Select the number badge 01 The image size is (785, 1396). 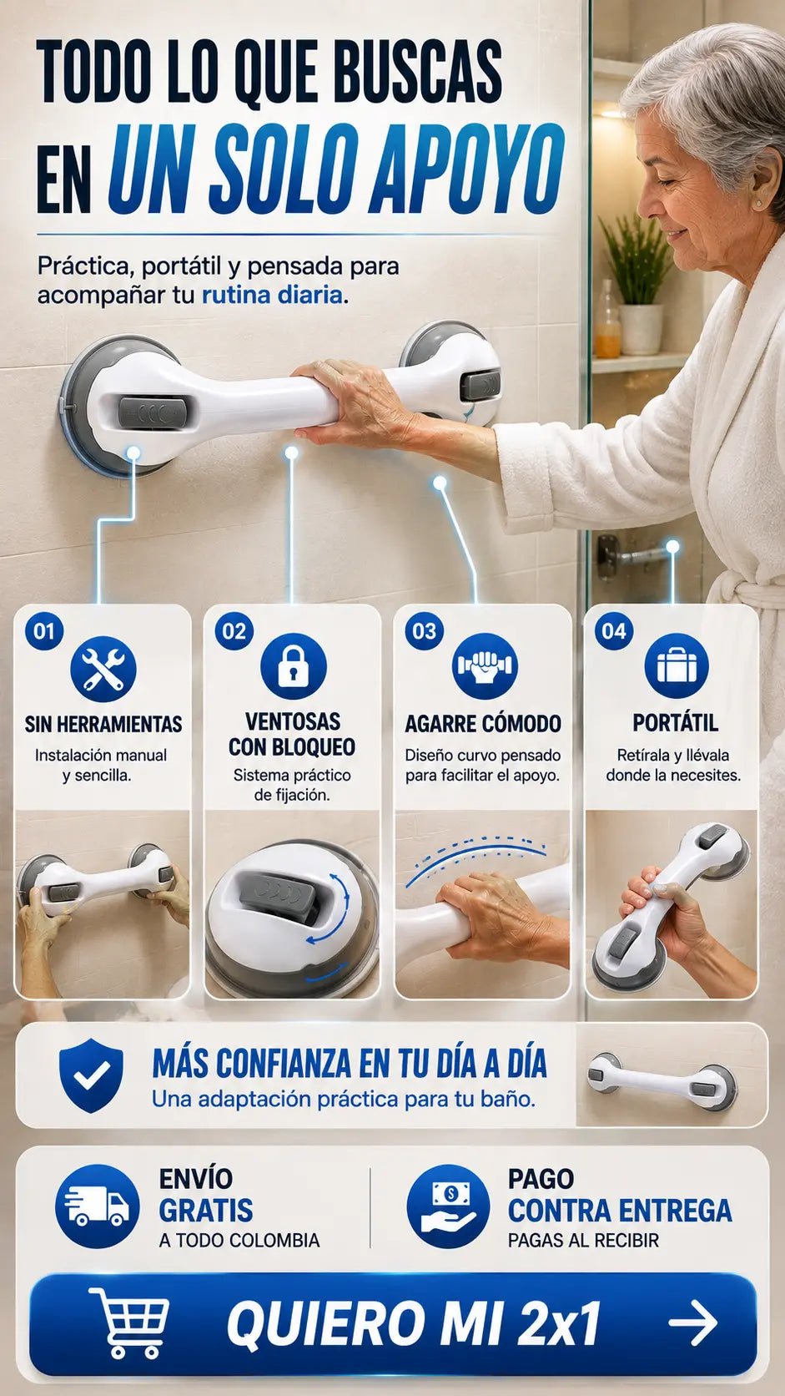click(44, 631)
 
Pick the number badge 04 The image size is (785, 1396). click(614, 631)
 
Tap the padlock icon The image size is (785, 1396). click(293, 666)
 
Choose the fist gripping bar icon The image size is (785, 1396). click(485, 666)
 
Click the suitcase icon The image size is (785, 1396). click(676, 665)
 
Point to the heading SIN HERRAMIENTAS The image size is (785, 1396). click(103, 724)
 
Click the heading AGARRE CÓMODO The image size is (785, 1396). click(483, 724)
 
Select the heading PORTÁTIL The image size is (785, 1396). click(676, 723)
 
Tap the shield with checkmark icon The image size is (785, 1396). click(91, 1075)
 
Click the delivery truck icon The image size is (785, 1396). click(97, 1206)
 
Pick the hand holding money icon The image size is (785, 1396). click(448, 1206)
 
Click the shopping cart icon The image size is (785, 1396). click(128, 1323)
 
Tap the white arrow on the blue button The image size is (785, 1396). click(693, 1323)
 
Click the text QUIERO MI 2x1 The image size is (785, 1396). click(413, 1323)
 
